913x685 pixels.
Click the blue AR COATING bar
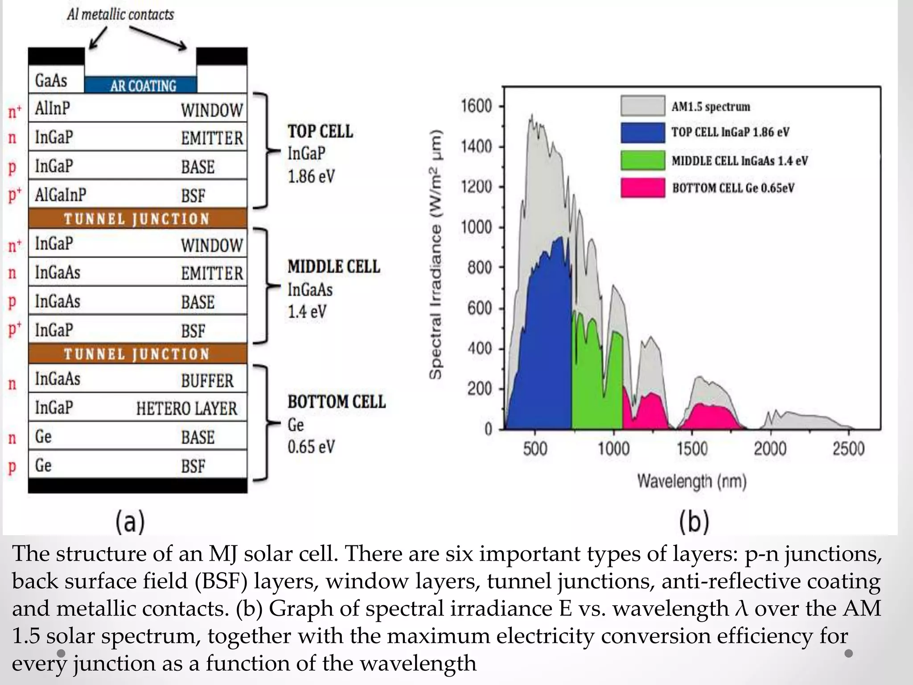pos(140,85)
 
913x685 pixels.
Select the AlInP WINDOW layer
pos(138,108)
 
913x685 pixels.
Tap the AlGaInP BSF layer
pos(138,194)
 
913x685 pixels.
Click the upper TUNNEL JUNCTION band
pos(137,219)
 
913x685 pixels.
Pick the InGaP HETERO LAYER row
pos(138,407)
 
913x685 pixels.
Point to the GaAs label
pos(51,81)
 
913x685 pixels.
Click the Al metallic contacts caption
pos(120,14)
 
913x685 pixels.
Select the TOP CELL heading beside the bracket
pos(320,131)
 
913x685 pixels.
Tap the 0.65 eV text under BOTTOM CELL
pos(311,447)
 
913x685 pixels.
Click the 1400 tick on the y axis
pos(476,146)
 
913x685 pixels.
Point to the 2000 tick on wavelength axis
pos(770,448)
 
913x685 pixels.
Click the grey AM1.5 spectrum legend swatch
pos(642,106)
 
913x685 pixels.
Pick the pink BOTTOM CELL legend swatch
pos(642,187)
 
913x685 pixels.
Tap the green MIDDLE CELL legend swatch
pos(642,160)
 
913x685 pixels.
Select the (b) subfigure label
pos(694,522)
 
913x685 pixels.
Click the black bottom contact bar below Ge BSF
pos(138,486)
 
